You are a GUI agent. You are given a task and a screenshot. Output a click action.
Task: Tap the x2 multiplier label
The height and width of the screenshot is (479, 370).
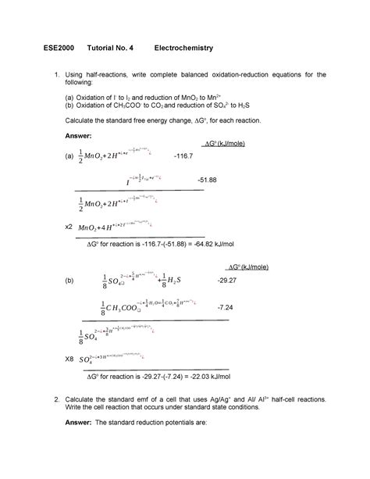(x=68, y=226)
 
